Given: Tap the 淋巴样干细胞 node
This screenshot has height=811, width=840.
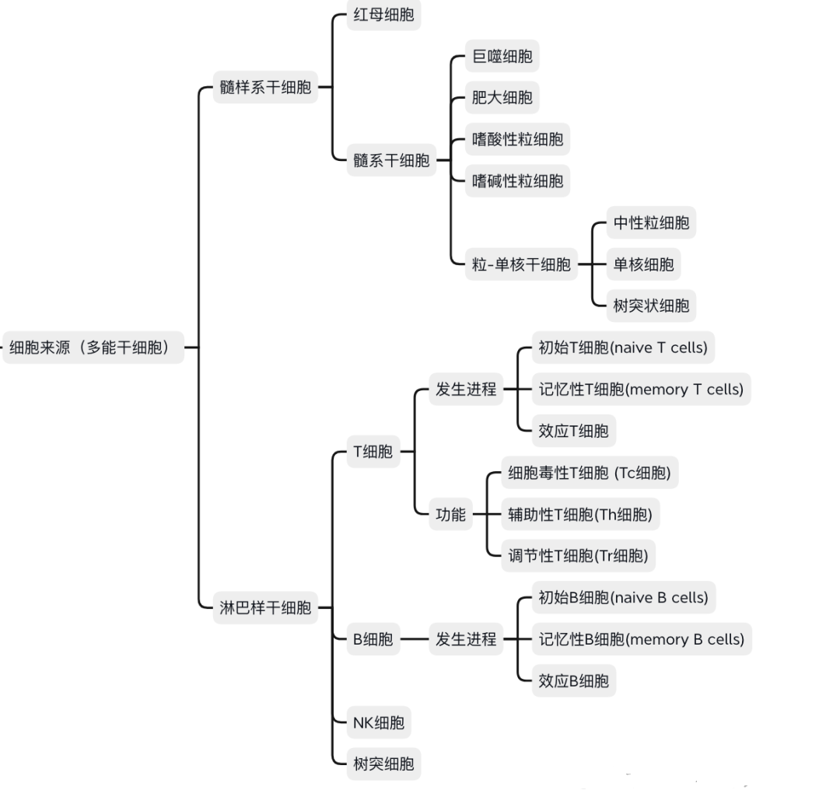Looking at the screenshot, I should pyautogui.click(x=264, y=608).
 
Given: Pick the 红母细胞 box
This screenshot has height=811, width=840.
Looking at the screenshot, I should pyautogui.click(x=383, y=16).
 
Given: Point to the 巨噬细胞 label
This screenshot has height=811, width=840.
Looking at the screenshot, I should pyautogui.click(x=502, y=57).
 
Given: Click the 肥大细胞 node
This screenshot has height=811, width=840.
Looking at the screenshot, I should pyautogui.click(x=502, y=98).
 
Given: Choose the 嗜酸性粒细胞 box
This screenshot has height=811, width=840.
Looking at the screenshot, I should pyautogui.click(x=517, y=140).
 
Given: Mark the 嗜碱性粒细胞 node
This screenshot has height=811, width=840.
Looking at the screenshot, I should pyautogui.click(x=517, y=182).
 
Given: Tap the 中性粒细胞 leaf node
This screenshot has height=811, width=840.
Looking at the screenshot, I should pyautogui.click(x=651, y=223).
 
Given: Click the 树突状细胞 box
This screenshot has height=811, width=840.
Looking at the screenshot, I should pyautogui.click(x=651, y=306).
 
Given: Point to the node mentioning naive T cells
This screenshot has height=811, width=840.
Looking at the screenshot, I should pyautogui.click(x=622, y=348).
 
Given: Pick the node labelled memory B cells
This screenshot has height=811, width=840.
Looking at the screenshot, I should pyautogui.click(x=641, y=639).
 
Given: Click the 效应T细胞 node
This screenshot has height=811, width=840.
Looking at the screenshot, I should pyautogui.click(x=573, y=431).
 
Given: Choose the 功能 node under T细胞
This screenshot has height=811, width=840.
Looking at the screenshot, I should pyautogui.click(x=450, y=514).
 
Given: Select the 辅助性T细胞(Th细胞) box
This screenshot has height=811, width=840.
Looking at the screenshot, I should pyautogui.click(x=579, y=514).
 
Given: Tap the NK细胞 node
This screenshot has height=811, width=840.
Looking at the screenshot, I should pyautogui.click(x=378, y=723).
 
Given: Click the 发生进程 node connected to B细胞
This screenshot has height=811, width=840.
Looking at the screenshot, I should pyautogui.click(x=465, y=639).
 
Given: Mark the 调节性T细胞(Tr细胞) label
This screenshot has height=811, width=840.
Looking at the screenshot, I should pyautogui.click(x=577, y=556).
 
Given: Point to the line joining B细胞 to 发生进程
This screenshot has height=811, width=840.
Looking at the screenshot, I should pyautogui.click(x=415, y=639).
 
